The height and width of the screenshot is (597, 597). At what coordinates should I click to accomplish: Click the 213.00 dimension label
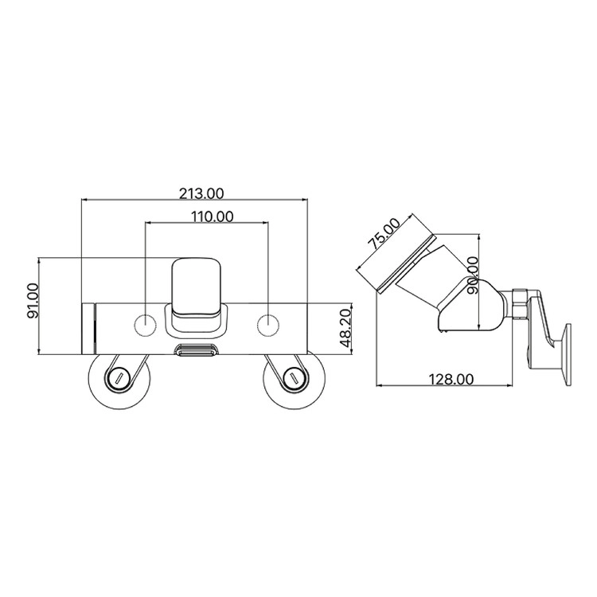pyautogui.click(x=201, y=193)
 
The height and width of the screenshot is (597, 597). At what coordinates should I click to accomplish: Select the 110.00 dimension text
pyautogui.click(x=212, y=217)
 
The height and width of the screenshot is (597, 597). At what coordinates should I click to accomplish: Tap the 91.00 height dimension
pyautogui.click(x=33, y=301)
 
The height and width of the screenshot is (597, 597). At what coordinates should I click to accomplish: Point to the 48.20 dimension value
pyautogui.click(x=345, y=329)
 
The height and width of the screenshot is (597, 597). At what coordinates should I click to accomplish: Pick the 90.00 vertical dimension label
pyautogui.click(x=473, y=275)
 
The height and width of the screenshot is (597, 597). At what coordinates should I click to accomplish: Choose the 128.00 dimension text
pyautogui.click(x=451, y=379)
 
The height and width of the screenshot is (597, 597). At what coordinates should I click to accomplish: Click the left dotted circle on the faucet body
pyautogui.click(x=146, y=325)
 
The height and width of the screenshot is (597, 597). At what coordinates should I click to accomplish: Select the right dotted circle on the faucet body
pyautogui.click(x=268, y=325)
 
